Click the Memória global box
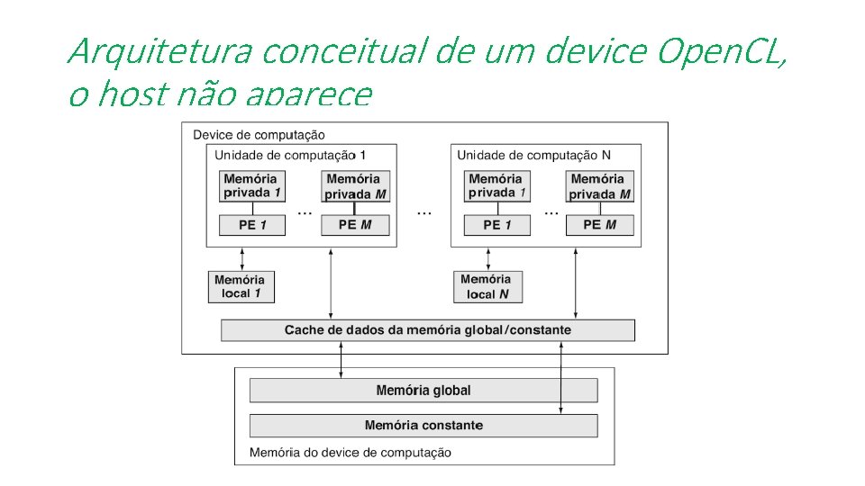pos(423,390)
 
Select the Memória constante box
pos(423,425)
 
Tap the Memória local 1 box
pos(241,287)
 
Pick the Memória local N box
pos(487,287)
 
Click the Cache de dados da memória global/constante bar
pos(427,330)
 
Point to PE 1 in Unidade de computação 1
pos(252,225)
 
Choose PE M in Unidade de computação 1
pos(355,225)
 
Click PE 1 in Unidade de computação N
pos(497,225)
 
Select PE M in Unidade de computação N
pos(599,225)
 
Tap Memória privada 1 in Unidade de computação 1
pos(252,186)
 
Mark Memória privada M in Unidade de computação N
pos(600,186)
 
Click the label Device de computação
pos(259,135)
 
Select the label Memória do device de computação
pos(351,452)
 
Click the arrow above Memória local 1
pos(241,258)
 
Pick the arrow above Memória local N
pos(487,258)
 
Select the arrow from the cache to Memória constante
pos(561,378)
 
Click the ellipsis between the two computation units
pos(423,213)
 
